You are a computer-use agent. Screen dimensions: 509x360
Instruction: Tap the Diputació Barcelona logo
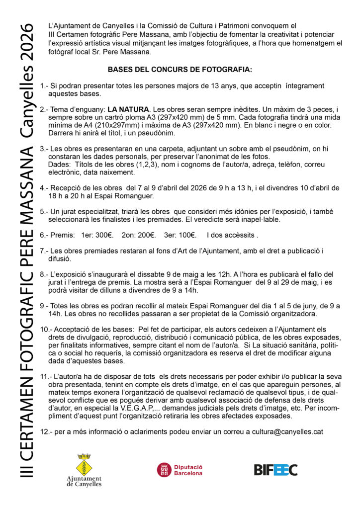coord(180,470)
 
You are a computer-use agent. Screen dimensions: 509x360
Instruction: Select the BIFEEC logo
coord(275,470)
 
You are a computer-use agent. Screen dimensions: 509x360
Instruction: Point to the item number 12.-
coord(46,432)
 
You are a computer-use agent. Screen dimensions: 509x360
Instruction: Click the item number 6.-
coord(44,235)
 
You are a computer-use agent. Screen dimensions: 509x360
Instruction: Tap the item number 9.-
coord(44,306)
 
